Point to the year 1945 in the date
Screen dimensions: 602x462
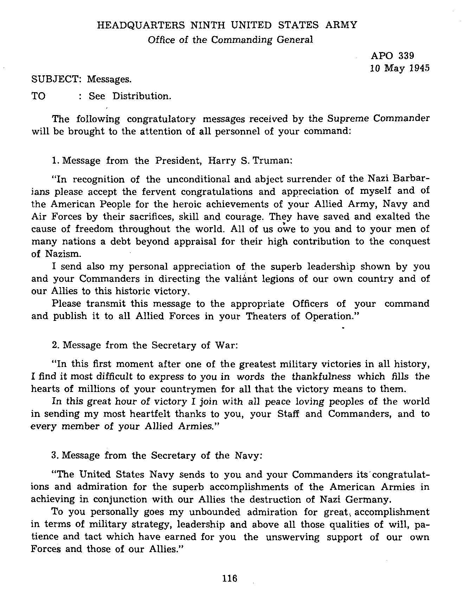(x=420, y=68)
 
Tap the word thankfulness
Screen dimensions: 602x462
(x=321, y=376)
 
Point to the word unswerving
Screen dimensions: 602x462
(x=293, y=537)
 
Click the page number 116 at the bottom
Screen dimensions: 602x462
(x=230, y=578)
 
